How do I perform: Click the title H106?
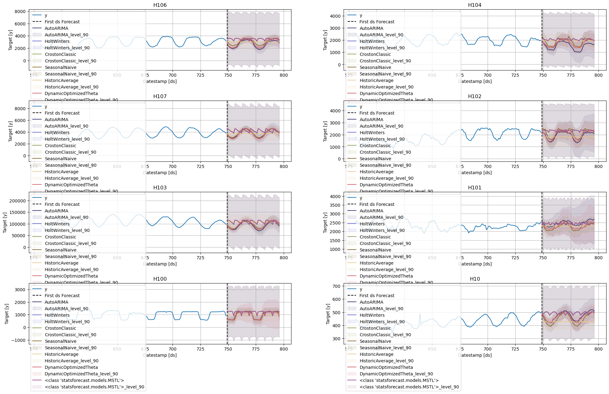tap(160, 5)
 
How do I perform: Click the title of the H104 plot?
tap(475, 5)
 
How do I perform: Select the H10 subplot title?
tap(475, 279)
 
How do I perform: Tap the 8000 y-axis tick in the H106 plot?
tap(20, 11)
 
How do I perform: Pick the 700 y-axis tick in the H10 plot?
tap(336, 286)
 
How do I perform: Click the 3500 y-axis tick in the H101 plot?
tap(335, 205)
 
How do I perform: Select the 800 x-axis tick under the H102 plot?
tap(598, 166)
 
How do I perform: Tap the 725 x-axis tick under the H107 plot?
tap(200, 166)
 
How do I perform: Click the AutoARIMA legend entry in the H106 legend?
tap(56, 28)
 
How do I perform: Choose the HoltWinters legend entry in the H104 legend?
tap(372, 41)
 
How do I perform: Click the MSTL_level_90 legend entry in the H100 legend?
tap(94, 387)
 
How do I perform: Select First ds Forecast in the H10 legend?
tap(377, 296)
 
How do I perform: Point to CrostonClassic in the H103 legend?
tap(60, 237)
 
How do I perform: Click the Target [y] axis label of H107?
tap(11, 131)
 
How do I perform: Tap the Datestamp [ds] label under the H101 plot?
tap(475, 264)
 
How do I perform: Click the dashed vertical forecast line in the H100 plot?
tap(227, 314)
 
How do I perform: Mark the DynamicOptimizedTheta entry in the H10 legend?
tap(386, 367)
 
